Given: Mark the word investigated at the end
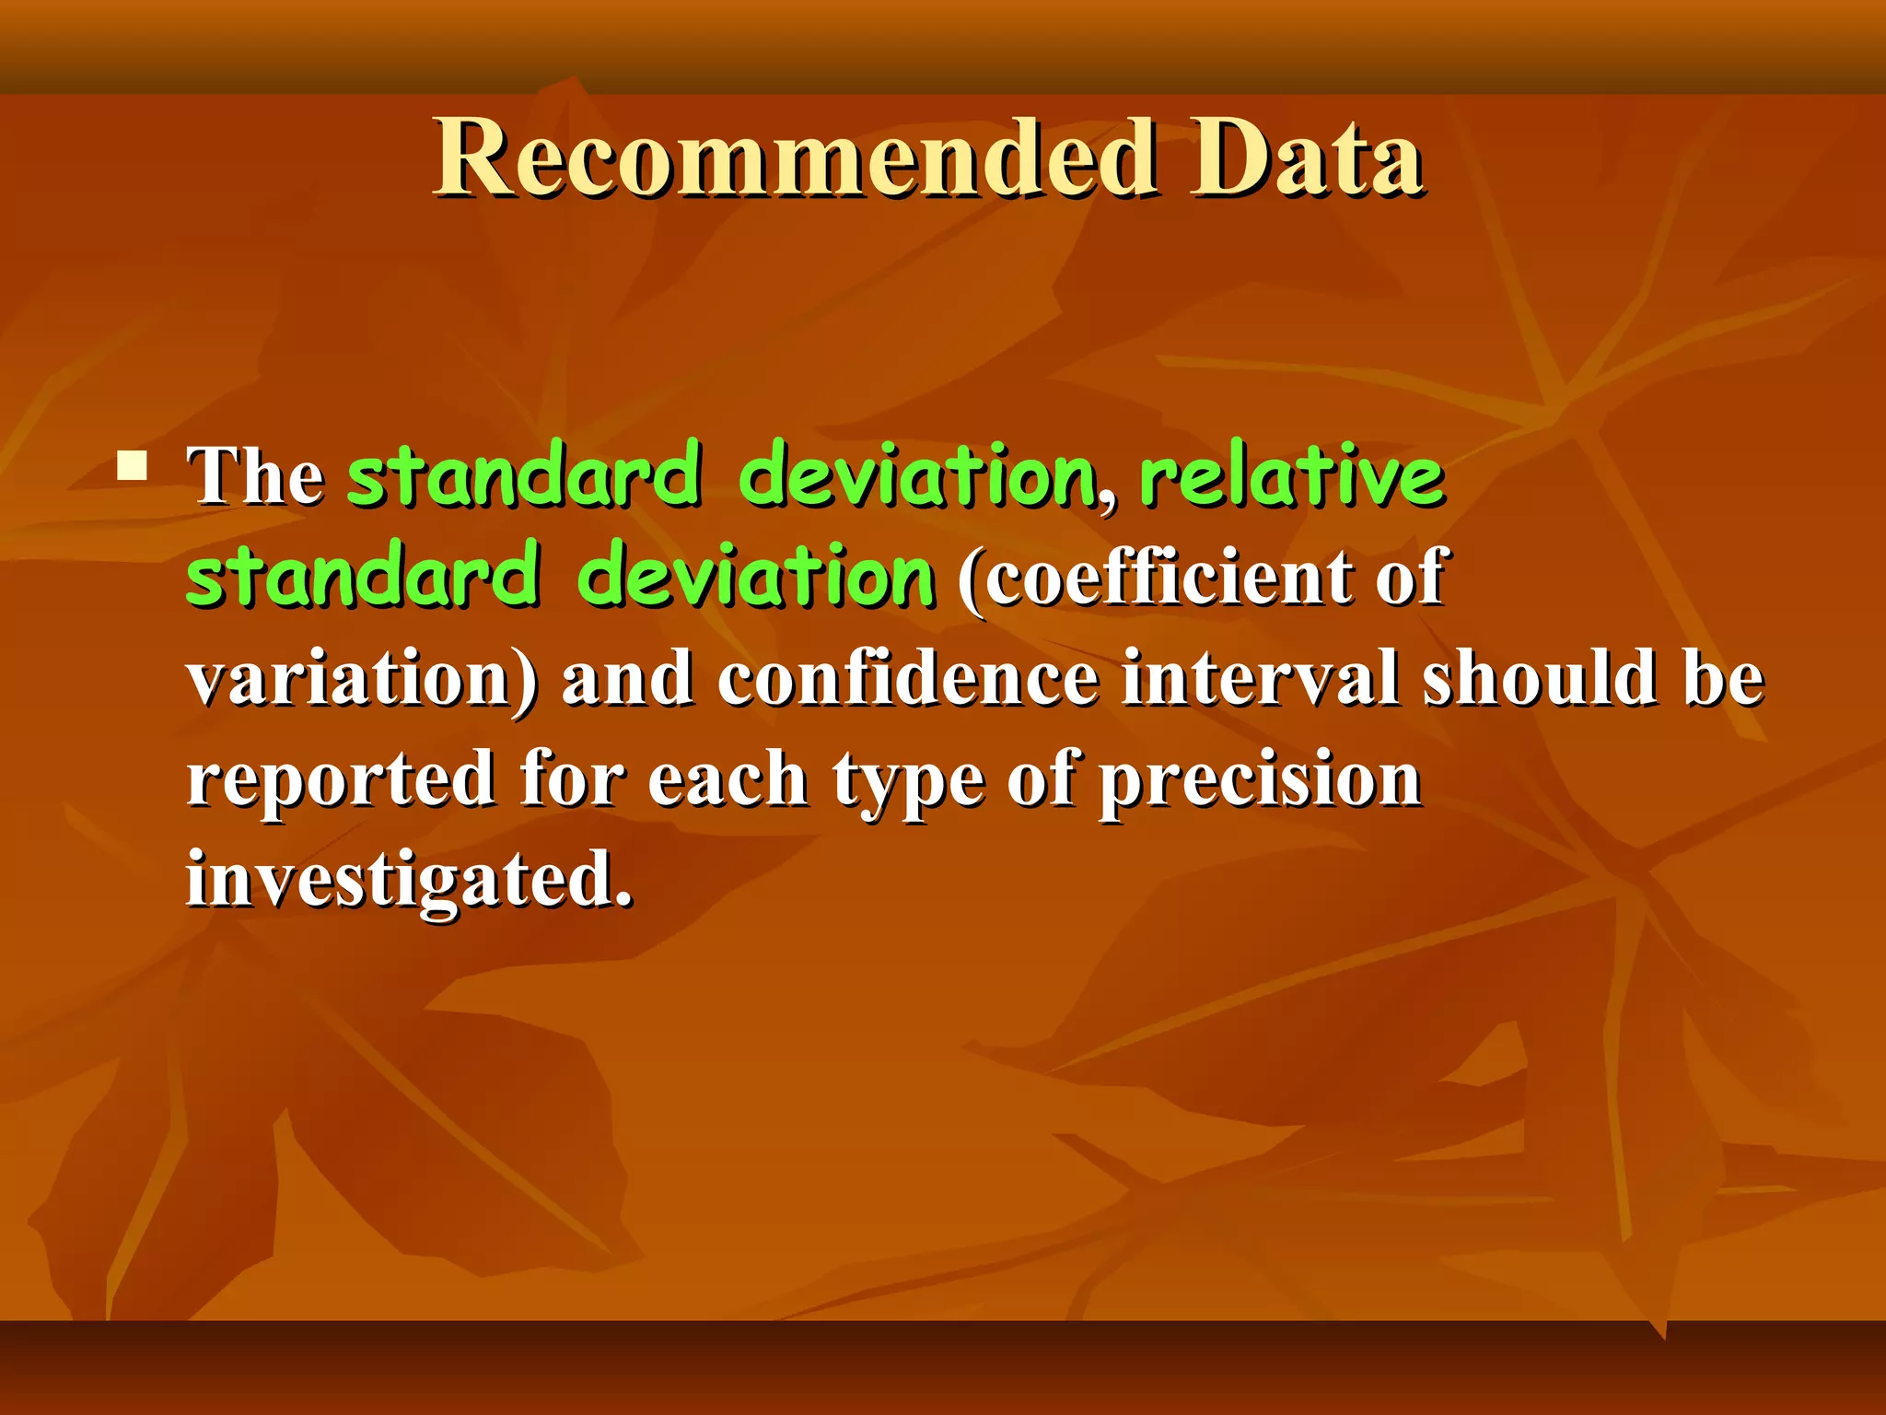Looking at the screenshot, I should (409, 881).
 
